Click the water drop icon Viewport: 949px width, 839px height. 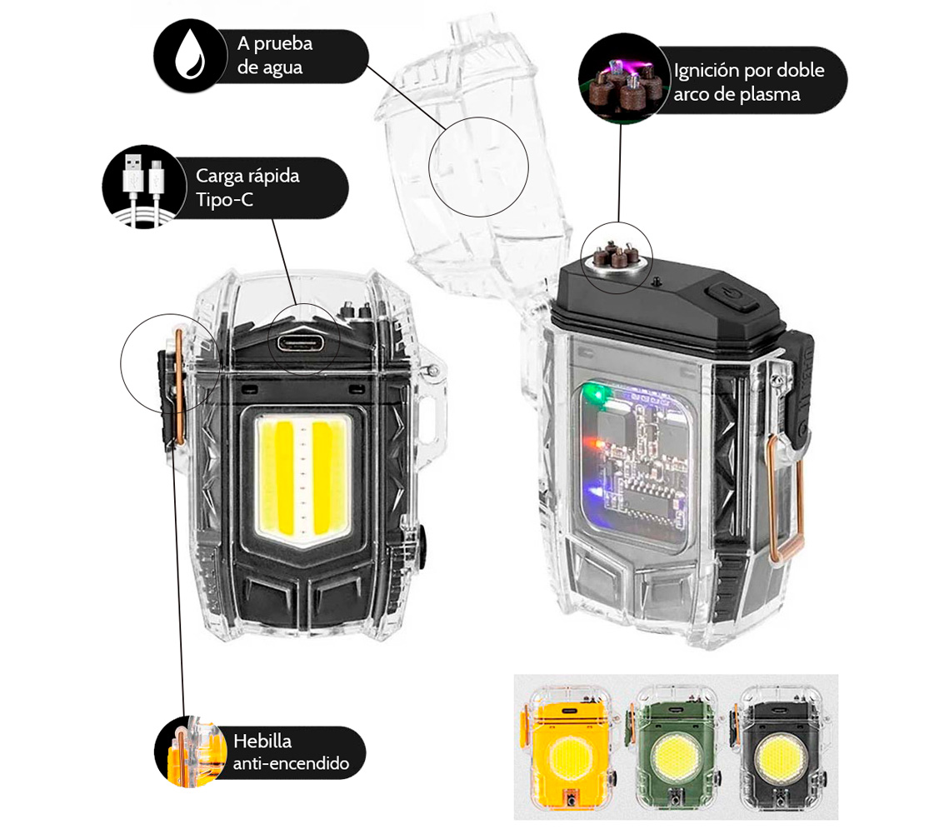click(x=189, y=55)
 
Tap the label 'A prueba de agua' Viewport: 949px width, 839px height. click(x=275, y=55)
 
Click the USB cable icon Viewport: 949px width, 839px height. click(x=143, y=187)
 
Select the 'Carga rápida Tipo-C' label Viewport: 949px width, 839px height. click(x=247, y=187)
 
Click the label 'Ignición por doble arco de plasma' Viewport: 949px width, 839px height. click(x=749, y=82)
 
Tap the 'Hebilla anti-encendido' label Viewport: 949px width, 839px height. click(x=291, y=752)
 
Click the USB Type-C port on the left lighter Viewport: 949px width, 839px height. click(x=300, y=343)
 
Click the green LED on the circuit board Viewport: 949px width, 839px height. click(x=598, y=395)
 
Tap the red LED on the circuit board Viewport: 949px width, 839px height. click(x=598, y=445)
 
